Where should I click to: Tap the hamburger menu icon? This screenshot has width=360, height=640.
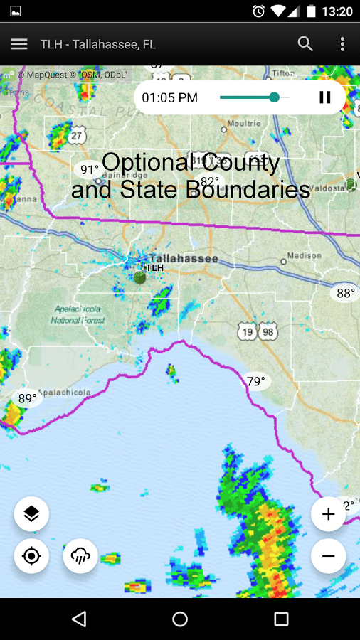19,44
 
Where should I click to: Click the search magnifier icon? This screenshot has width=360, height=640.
305,44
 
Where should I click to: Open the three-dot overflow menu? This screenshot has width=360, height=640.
342,44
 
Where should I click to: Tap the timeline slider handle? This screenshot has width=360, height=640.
275,97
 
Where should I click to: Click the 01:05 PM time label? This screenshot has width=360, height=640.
170,98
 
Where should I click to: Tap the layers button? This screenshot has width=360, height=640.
31,514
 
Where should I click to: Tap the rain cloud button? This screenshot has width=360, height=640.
80,556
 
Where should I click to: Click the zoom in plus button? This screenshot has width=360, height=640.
328,514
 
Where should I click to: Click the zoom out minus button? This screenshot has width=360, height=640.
328,556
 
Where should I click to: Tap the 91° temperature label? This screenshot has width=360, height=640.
89,169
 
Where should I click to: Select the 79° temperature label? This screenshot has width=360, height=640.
255,381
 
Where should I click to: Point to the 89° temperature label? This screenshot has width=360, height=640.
27,398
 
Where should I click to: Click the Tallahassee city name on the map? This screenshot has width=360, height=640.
183,259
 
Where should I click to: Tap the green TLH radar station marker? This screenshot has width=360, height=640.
140,277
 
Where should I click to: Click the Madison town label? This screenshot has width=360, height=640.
305,256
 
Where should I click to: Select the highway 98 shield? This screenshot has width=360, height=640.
268,332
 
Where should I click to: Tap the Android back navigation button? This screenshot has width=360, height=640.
79,619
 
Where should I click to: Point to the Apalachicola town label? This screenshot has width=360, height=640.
64,392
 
